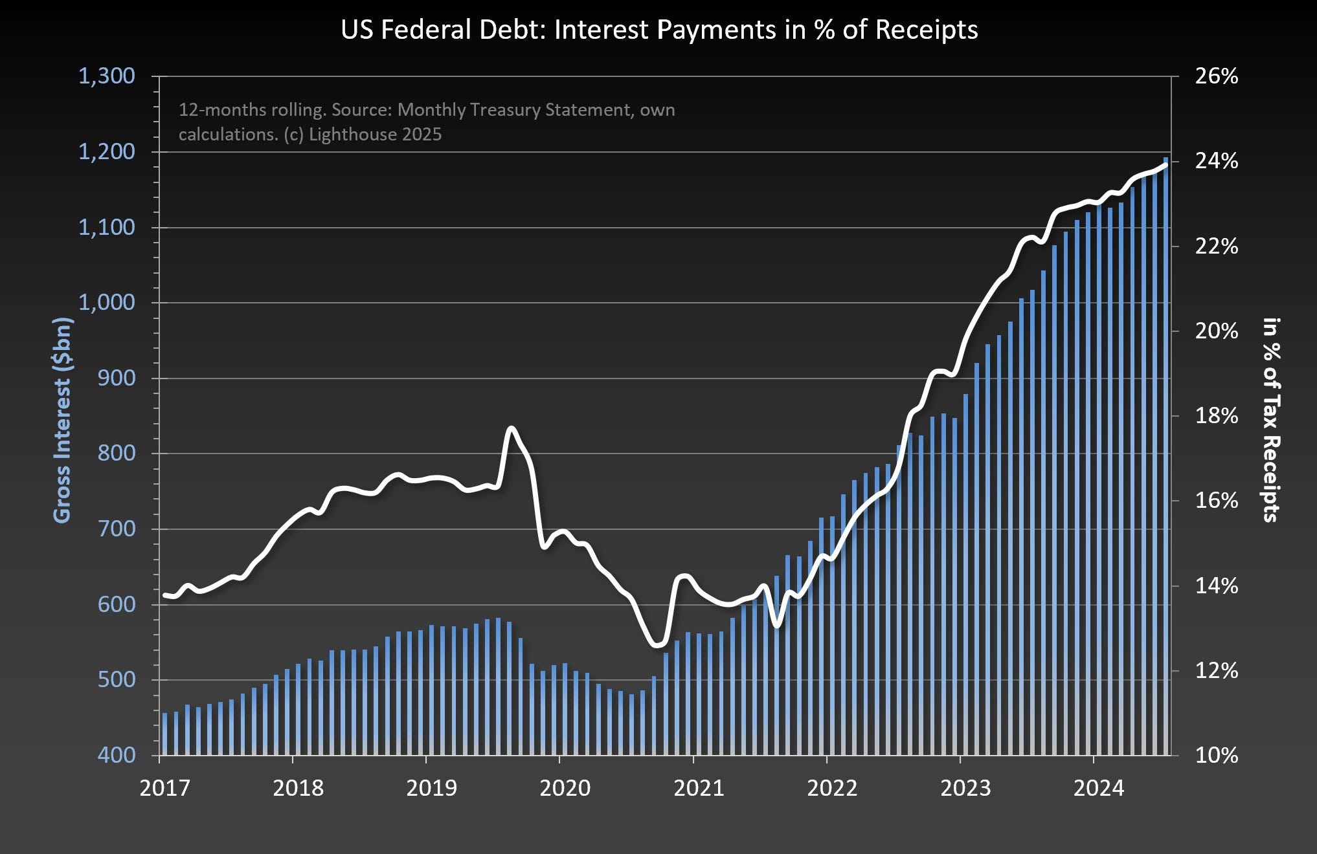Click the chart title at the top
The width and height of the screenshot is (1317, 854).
click(658, 30)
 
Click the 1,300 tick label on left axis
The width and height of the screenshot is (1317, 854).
click(107, 76)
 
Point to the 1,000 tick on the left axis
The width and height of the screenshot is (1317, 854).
click(107, 303)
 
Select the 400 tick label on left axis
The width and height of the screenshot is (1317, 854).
click(117, 755)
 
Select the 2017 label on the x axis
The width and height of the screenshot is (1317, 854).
click(165, 787)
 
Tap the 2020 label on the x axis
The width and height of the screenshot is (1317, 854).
click(565, 787)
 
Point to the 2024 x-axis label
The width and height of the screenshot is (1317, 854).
click(1099, 787)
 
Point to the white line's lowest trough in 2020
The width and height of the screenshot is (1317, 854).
click(657, 644)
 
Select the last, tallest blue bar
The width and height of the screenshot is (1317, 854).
click(1165, 453)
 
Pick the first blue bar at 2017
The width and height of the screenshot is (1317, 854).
click(164, 734)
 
